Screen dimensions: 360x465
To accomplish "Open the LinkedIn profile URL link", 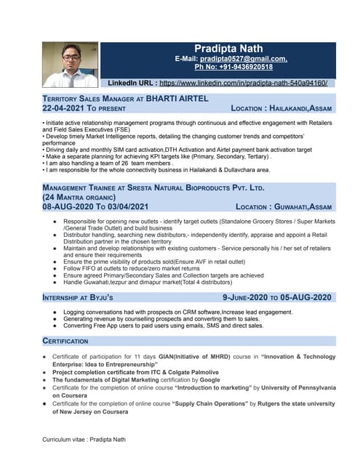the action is [243, 84].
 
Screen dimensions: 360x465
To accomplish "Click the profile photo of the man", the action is [71, 65].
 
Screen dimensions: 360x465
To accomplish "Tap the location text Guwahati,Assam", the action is [306, 206].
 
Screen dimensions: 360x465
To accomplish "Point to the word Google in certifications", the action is [209, 380].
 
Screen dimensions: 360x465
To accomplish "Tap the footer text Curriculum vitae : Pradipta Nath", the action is [84, 440].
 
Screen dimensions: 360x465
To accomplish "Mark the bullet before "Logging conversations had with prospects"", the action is [55, 311].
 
